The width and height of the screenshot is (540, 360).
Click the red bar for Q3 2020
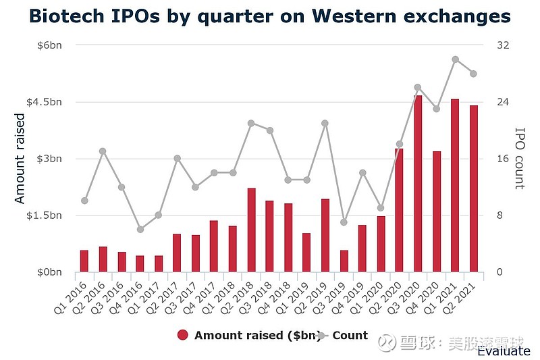418,184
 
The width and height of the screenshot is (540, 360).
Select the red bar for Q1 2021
455,186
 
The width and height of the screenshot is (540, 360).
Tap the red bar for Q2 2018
252,230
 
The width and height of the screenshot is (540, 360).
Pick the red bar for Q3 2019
344,261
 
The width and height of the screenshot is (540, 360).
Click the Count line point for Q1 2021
455,59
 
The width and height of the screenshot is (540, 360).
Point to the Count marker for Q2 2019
325,123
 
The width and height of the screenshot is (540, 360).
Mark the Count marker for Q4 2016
140,230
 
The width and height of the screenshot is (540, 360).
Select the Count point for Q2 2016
103,151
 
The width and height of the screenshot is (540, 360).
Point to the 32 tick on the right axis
502,45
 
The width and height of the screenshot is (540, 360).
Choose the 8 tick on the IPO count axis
500,215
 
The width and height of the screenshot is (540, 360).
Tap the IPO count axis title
519,159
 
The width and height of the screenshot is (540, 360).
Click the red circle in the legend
182,336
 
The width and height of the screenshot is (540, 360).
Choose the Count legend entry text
350,336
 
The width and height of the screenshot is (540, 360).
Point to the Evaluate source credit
504,351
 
